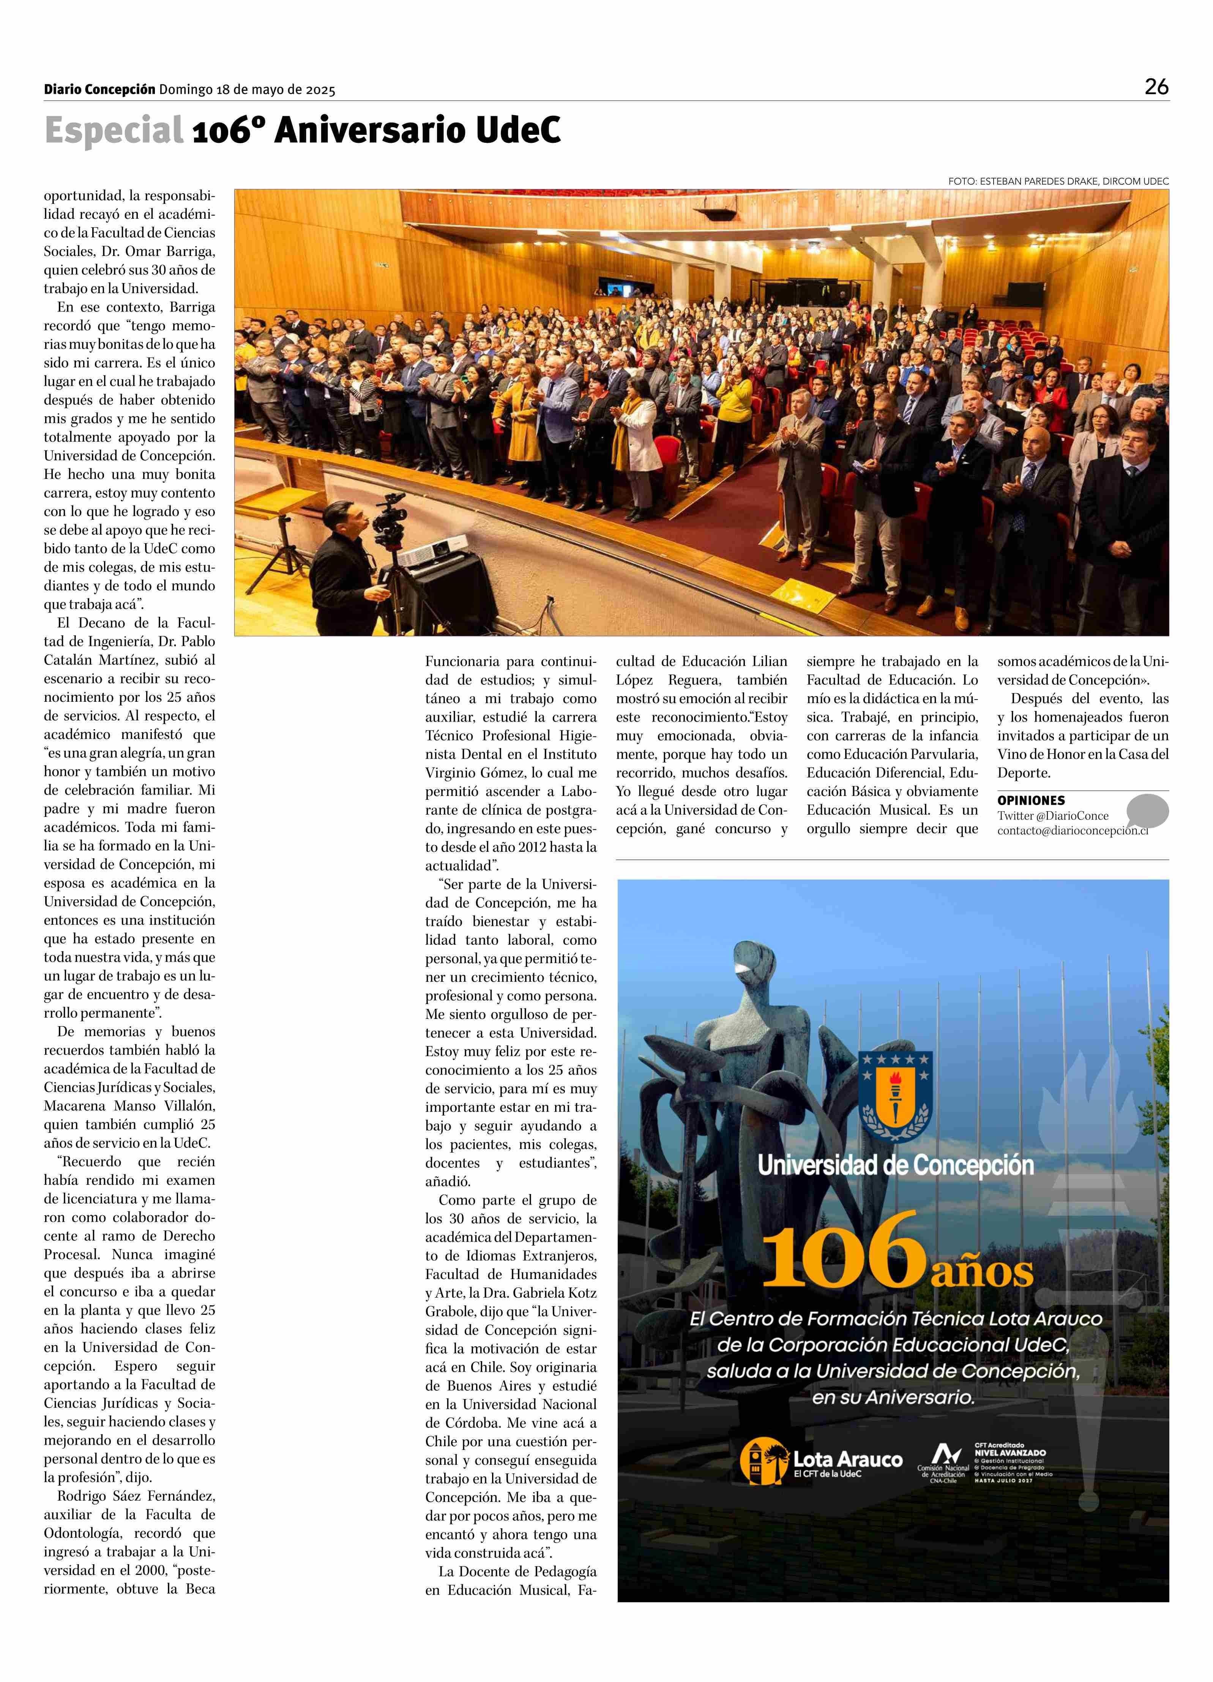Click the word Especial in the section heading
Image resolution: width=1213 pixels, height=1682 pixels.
point(114,131)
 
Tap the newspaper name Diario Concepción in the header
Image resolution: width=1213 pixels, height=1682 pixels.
point(99,90)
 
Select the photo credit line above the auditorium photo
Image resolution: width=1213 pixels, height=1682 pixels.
point(1058,181)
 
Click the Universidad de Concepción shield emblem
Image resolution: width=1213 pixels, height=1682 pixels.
point(895,1098)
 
